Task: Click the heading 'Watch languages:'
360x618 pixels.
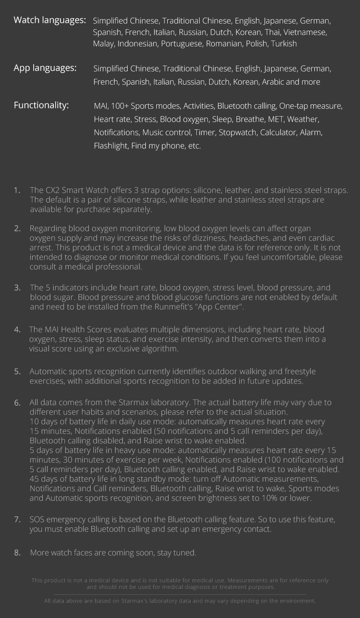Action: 50,20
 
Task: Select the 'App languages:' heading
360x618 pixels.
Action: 45,68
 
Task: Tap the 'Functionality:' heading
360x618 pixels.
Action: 41,105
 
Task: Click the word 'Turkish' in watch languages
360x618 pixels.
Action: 284,44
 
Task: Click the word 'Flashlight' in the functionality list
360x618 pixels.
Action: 111,146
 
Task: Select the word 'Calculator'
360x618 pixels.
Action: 278,133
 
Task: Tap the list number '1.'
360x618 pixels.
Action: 17,190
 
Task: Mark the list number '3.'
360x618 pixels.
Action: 17,287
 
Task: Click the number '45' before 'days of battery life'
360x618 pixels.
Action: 35,479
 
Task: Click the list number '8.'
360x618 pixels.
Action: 17,552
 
